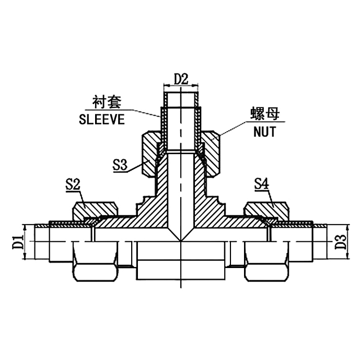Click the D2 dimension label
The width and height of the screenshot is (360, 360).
(x=181, y=79)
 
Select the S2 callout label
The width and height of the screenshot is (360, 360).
(x=73, y=184)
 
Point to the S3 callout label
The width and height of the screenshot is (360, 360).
(x=120, y=166)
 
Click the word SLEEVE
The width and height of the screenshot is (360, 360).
(x=101, y=119)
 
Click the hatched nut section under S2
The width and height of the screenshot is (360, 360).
(x=94, y=210)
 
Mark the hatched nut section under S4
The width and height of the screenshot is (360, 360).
(x=266, y=210)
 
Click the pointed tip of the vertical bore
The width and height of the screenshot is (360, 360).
(x=181, y=241)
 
